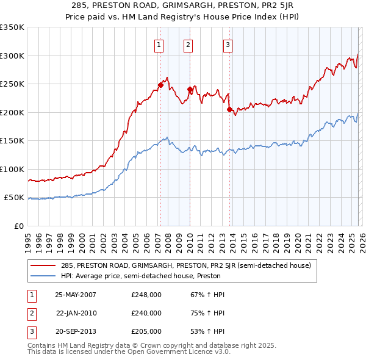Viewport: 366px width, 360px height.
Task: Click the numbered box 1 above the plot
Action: [x=159, y=44]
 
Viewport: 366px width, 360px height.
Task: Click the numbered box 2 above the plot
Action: [x=188, y=44]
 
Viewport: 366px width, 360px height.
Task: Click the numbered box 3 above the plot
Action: [x=228, y=44]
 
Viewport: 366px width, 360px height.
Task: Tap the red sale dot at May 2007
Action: [x=161, y=85]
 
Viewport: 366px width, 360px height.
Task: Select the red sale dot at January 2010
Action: [x=190, y=90]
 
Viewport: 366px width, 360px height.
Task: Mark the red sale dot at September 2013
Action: [x=230, y=110]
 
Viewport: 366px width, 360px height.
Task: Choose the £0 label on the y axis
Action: [x=18, y=226]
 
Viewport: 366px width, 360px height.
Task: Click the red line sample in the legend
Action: [x=43, y=265]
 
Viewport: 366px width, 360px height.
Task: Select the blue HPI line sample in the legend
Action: [x=43, y=276]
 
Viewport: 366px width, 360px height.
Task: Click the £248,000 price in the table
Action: [x=146, y=295]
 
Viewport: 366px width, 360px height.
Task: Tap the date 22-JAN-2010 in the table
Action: [x=76, y=313]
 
